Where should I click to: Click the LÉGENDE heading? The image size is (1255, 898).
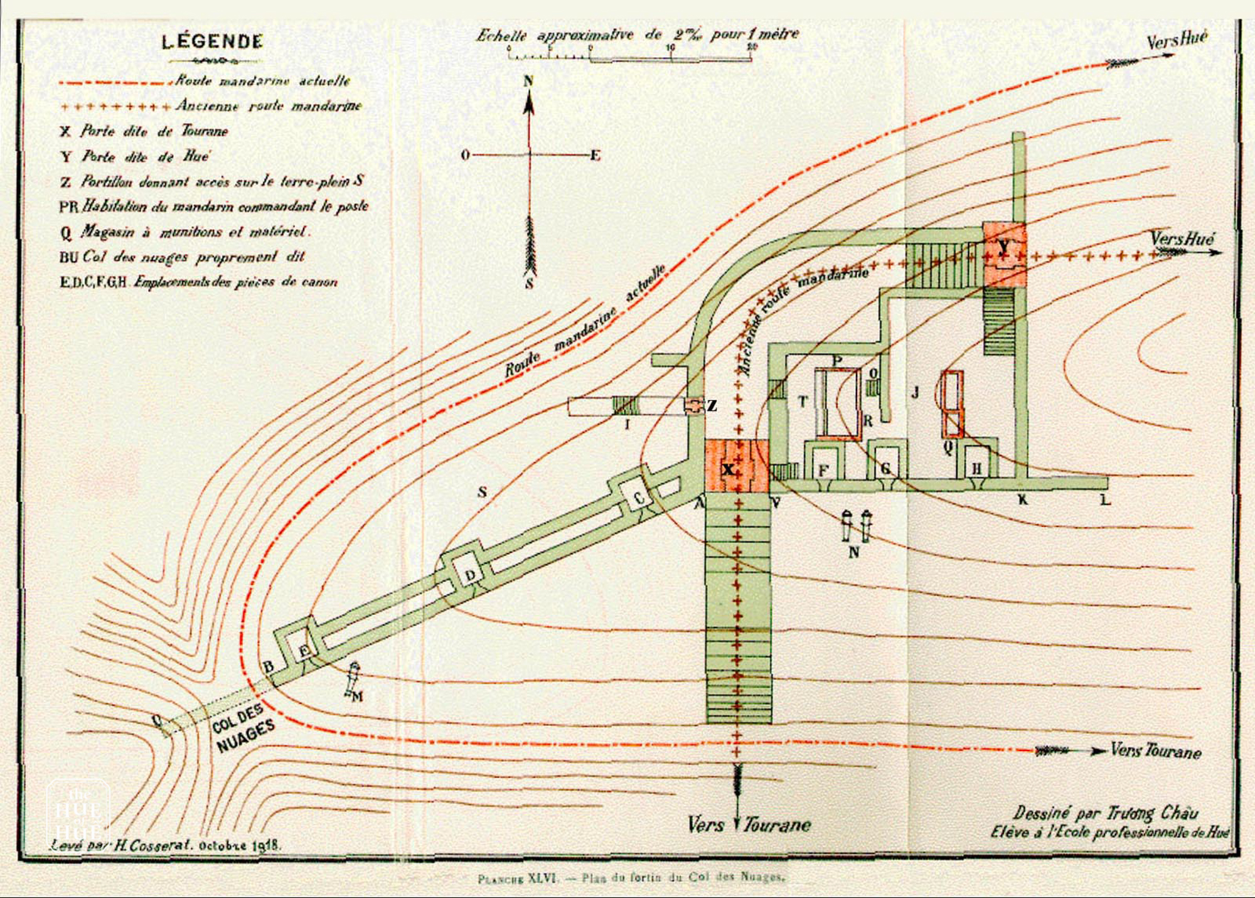point(212,42)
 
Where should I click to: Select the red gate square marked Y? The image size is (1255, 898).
point(1005,254)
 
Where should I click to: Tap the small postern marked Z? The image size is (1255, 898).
point(695,405)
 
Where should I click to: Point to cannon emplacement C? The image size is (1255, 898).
point(638,498)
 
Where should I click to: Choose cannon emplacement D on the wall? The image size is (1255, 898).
point(469,573)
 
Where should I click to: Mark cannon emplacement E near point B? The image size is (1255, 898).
point(304,649)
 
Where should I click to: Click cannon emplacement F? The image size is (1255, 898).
point(823,467)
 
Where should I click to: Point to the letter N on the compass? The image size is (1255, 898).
point(529,81)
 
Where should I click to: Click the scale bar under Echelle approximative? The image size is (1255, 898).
point(629,57)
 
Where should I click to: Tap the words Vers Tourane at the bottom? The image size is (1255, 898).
point(749,824)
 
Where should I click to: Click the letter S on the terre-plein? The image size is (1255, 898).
point(482,491)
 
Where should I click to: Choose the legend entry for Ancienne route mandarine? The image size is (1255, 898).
point(268,105)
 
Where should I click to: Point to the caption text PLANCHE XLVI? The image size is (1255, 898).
point(518,879)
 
